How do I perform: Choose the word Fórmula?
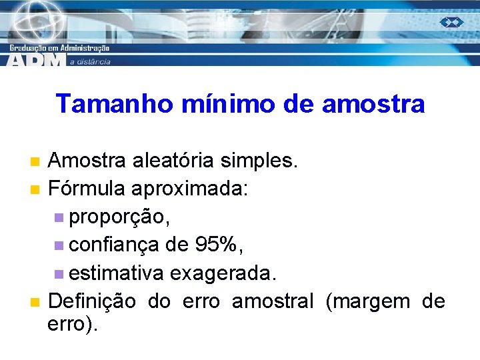coord(87,189)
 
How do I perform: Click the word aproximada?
coord(190,189)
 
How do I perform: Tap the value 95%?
coord(217,245)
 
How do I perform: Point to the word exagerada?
coord(223,273)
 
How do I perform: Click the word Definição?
coord(92,301)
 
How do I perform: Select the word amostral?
coord(272,301)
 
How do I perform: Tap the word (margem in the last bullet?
coord(368,301)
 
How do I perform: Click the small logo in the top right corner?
coord(451,22)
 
